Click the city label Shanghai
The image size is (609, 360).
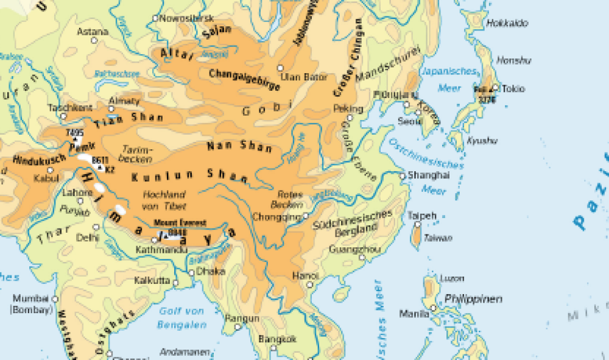[x=429, y=175]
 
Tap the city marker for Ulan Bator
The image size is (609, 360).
[x=280, y=68]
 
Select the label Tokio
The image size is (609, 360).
[x=513, y=89]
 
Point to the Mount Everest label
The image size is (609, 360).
[x=180, y=222]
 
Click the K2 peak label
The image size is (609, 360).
[x=110, y=169]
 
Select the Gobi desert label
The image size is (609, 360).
[x=264, y=110]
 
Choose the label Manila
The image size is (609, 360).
[x=414, y=314]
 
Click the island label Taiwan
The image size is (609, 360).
[x=438, y=238]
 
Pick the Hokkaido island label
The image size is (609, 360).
[x=507, y=23]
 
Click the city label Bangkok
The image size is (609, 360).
[x=277, y=339]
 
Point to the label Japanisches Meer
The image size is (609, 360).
[x=449, y=79]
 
